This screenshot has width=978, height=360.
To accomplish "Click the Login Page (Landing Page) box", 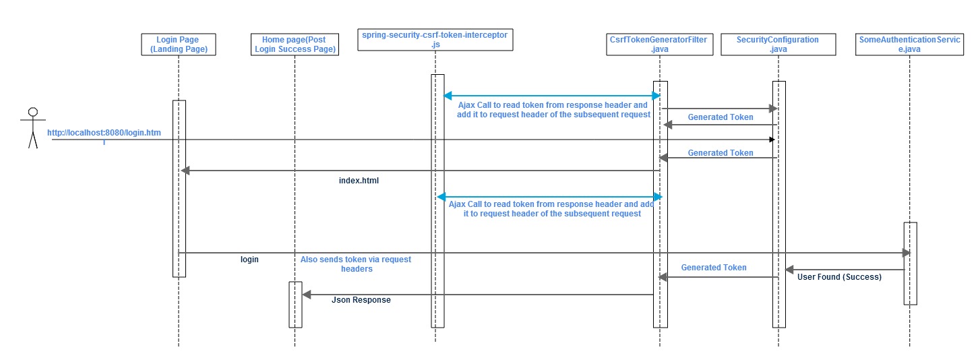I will pos(179,44).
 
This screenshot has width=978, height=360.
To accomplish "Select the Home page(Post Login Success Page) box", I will pos(295,44).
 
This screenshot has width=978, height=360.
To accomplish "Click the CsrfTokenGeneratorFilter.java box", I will pos(659,44).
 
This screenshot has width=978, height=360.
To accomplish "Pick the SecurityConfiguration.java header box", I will pos(778,44).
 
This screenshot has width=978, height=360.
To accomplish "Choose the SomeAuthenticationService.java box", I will pos(909,44).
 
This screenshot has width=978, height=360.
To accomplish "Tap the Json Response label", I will pos(361,299).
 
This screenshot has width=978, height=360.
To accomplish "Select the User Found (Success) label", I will pos(839,276).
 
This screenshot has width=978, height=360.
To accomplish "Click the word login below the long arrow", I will pos(249,259).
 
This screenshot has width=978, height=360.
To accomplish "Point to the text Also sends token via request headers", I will pos(356,264).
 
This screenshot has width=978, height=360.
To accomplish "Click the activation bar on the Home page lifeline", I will pos(295,304).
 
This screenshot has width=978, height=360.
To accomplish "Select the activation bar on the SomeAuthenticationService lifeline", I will pos(910,263).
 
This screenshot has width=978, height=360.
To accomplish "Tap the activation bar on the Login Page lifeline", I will pos(179,188).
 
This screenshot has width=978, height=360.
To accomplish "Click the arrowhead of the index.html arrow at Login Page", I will pos(183,171).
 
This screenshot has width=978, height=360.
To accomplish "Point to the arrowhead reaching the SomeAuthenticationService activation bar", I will pos(906,253).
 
